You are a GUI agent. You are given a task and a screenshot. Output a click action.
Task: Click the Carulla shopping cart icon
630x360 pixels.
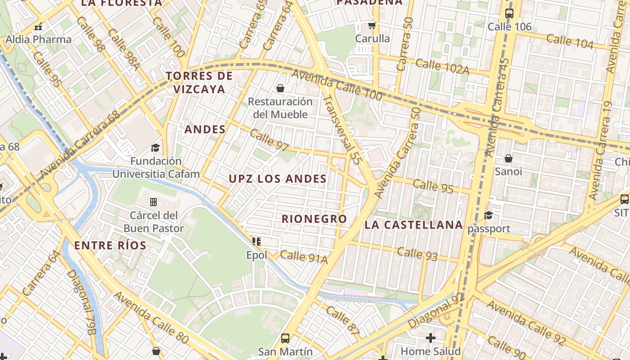coord(372,25)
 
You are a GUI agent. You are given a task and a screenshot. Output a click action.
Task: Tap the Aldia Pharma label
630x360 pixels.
coord(38,40)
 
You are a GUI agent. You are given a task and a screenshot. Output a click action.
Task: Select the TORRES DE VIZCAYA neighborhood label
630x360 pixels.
coord(199,82)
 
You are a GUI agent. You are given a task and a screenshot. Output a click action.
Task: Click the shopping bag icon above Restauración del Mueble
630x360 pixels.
coord(280,88)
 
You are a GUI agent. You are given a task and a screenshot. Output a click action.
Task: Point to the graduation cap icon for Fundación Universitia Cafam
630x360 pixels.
coord(155,148)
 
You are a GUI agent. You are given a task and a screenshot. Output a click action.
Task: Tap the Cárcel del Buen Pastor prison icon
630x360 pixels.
coord(153,202)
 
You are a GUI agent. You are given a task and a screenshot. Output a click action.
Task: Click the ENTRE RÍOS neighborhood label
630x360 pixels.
coord(110,246)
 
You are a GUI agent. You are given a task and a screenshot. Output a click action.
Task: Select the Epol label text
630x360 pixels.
coord(256,255)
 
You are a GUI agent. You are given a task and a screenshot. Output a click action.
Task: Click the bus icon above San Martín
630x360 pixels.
coord(285,338)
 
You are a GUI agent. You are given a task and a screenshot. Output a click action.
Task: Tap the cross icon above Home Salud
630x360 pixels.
coord(431,337)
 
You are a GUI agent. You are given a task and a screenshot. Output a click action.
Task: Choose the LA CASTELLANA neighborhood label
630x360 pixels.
coord(414,225)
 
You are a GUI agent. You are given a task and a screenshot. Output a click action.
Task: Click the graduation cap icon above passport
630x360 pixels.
coord(489,215)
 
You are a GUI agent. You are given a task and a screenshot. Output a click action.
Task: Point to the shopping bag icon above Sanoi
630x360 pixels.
coord(508,158)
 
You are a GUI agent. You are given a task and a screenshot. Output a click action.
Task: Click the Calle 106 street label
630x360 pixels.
coord(509,27)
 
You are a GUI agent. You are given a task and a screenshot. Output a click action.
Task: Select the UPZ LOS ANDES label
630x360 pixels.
coord(278,179)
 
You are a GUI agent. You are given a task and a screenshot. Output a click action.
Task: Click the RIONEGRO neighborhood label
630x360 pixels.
coord(314,219)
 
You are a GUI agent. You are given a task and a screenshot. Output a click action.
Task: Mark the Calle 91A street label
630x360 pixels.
coord(304,257)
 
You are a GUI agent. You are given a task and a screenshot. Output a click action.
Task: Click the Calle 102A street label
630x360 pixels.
coord(442,66)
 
